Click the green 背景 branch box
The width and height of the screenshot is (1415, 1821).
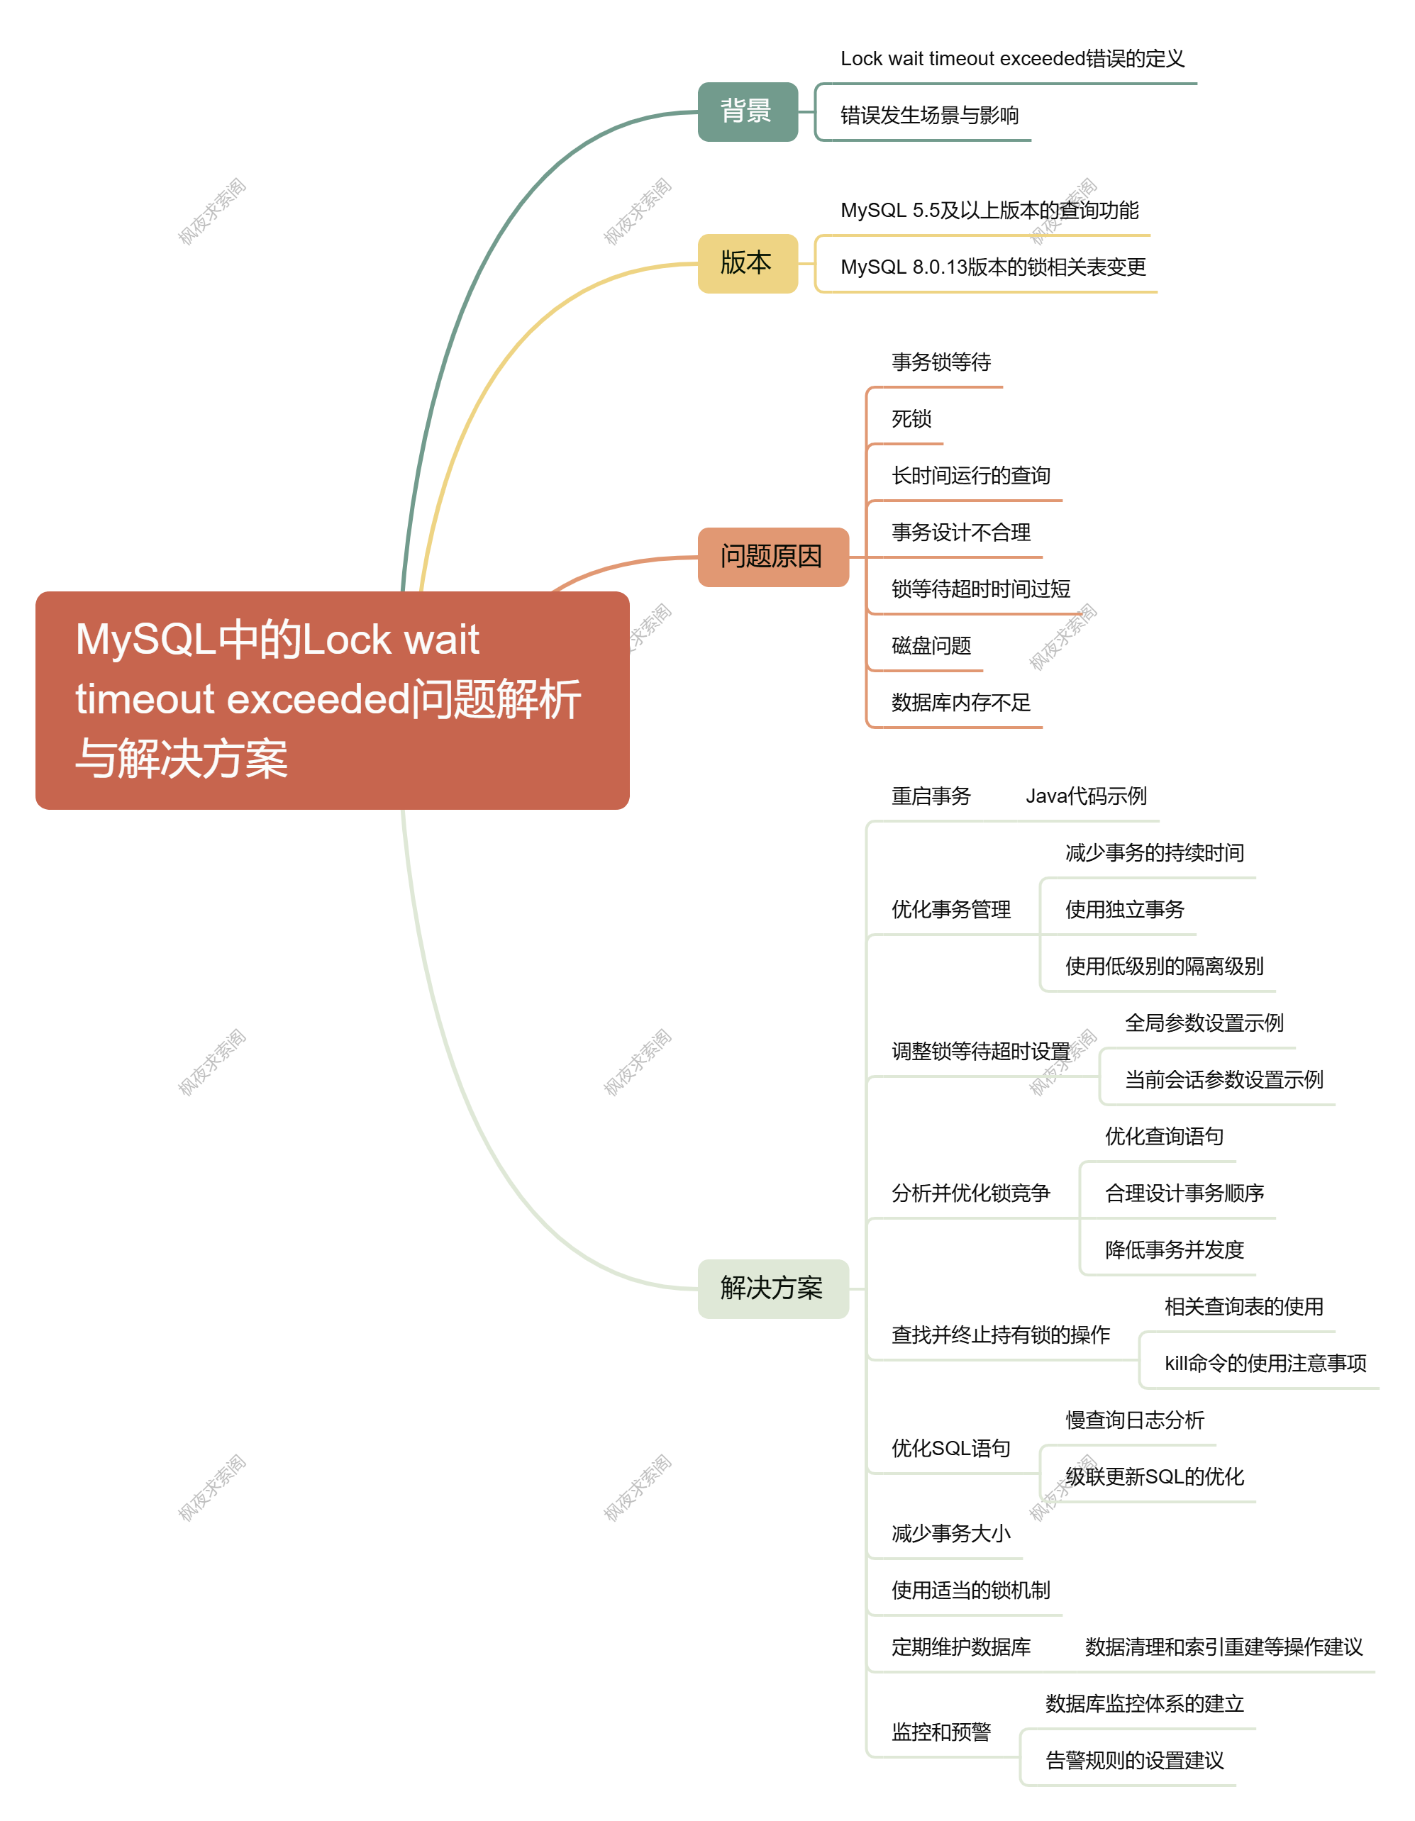[x=747, y=112]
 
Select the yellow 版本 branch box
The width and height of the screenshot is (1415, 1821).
[x=747, y=264]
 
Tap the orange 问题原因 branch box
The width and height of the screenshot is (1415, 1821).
[x=773, y=557]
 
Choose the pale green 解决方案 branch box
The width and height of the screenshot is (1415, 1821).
[x=773, y=1289]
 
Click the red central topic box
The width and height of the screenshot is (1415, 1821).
[x=332, y=701]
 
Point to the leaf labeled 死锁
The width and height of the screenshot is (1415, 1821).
[x=911, y=418]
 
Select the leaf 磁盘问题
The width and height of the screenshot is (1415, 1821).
[x=931, y=645]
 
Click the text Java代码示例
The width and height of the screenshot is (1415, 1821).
[x=1086, y=796]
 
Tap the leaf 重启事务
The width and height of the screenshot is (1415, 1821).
[x=931, y=796]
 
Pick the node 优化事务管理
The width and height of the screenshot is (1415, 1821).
[x=951, y=910]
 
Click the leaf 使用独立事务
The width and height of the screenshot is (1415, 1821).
[x=1125, y=910]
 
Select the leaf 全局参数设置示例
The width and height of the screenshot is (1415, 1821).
[x=1204, y=1023]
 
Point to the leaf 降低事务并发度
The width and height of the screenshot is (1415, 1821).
[x=1175, y=1250]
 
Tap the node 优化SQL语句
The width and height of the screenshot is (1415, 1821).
[x=951, y=1448]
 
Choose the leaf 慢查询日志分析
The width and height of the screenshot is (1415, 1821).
[x=1135, y=1420]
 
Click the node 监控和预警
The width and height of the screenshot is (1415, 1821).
[x=941, y=1732]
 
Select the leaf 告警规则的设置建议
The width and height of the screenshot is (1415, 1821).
[x=1135, y=1760]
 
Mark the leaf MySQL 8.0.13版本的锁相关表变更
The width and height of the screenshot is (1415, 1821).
[x=993, y=267]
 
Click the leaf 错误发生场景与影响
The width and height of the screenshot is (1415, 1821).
[x=930, y=115]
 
